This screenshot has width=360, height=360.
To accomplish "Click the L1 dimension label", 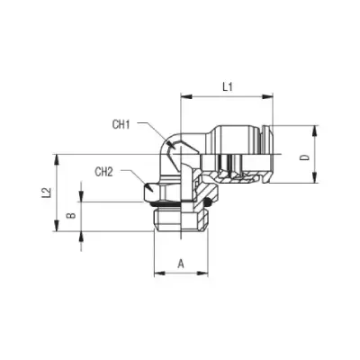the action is pos(228,87).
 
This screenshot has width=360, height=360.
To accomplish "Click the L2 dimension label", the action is pos(46,193).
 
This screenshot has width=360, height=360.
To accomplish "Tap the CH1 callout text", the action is pos(121,124).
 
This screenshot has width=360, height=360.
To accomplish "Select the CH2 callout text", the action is pos(103,172).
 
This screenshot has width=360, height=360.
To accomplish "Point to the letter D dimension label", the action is pos(305,157).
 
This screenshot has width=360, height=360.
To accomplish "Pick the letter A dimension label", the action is pos(181,264).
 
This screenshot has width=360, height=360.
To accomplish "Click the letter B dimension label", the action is pos(71,215).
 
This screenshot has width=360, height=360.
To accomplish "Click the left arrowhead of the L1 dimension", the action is pos(186,96).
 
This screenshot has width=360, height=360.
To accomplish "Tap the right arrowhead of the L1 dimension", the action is pos(267,96).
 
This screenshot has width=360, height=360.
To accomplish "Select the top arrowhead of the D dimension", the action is pos(314,131).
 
